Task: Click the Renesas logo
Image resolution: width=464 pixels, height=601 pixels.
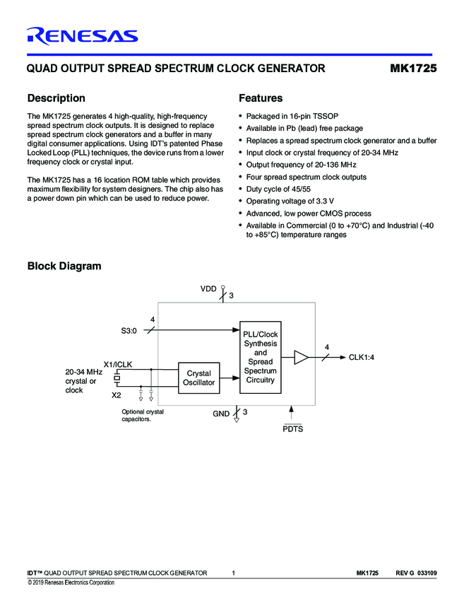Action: [x=82, y=36]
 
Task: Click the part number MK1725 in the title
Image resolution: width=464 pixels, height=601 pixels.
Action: [x=413, y=69]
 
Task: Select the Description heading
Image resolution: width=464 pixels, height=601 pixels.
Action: [x=56, y=98]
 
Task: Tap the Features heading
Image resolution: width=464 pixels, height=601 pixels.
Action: [x=261, y=98]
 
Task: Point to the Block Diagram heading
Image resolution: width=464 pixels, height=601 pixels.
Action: [x=64, y=266]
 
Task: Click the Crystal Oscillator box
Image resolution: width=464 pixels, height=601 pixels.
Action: [x=199, y=377]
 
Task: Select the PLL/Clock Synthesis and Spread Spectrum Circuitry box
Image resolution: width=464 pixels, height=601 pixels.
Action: [x=261, y=357]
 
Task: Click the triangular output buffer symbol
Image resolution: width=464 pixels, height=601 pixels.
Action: [x=301, y=358]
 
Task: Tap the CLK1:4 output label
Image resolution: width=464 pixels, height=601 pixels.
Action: [x=361, y=358]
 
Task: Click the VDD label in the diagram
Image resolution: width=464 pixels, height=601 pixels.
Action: [x=208, y=289]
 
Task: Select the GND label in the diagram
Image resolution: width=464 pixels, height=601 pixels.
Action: [x=221, y=414]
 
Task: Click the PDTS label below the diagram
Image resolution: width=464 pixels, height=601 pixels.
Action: [x=292, y=428]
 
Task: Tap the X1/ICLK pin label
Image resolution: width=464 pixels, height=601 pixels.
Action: [x=118, y=365]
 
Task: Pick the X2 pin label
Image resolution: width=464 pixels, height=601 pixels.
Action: [x=117, y=395]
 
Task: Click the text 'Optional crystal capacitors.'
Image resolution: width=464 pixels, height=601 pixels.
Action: [x=143, y=415]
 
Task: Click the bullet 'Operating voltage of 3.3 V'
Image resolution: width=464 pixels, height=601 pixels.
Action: [x=290, y=201]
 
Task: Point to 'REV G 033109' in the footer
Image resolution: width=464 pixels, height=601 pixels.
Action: [x=417, y=573]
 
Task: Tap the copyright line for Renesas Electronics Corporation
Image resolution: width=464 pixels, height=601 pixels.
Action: [x=71, y=583]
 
